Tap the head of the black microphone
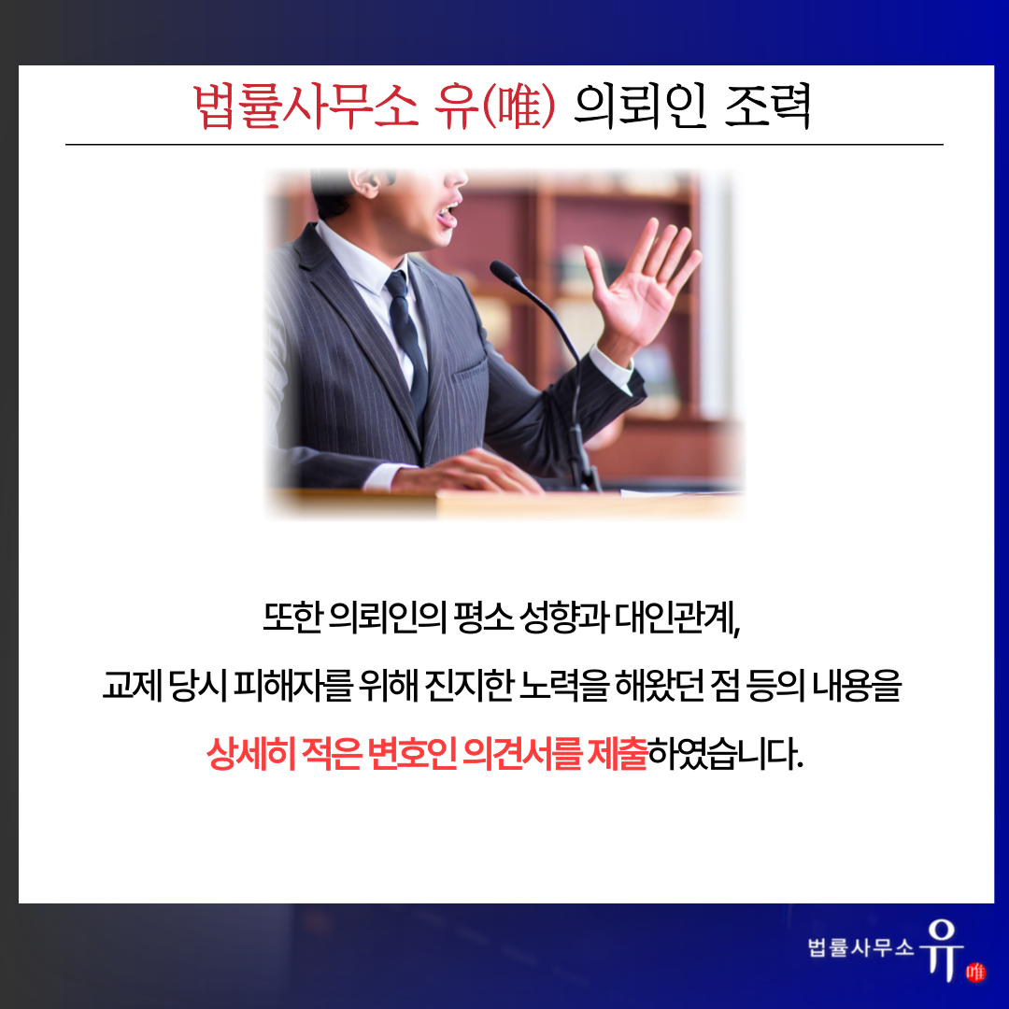point(507,274)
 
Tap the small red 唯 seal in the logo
point(975,972)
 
